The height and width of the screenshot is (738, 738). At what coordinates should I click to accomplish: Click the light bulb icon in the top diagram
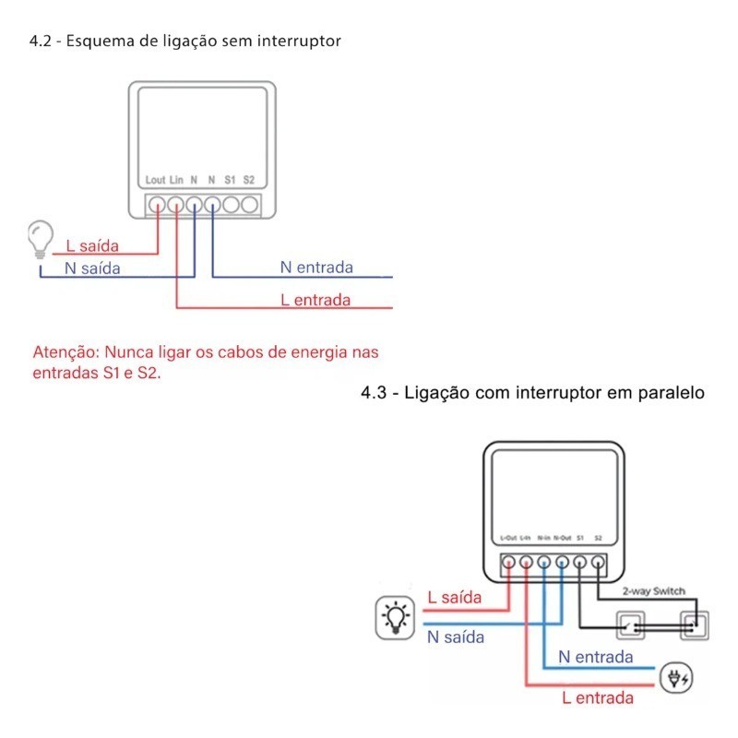tap(40, 237)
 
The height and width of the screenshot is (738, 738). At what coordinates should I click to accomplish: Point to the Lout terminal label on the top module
tap(155, 180)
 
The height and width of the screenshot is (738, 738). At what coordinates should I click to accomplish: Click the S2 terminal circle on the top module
tap(249, 204)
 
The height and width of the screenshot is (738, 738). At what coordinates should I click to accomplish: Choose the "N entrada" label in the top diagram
tap(316, 268)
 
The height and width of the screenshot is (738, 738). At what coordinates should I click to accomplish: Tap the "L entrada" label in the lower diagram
tap(598, 698)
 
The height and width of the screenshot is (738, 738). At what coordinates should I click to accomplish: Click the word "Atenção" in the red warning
tap(65, 352)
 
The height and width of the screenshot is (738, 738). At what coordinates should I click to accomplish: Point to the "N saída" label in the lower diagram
tap(455, 637)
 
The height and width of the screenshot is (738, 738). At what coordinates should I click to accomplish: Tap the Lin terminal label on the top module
tap(177, 180)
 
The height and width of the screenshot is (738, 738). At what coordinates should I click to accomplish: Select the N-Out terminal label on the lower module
tap(563, 537)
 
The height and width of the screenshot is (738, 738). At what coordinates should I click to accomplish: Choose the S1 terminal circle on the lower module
tap(579, 561)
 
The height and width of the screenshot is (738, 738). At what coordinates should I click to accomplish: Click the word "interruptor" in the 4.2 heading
tap(304, 42)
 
